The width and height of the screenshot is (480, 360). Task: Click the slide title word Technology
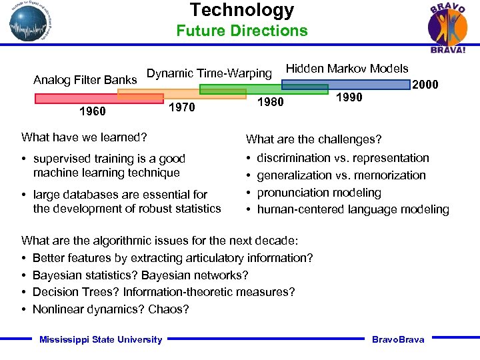click(241, 10)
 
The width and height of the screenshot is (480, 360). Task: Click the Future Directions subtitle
click(241, 31)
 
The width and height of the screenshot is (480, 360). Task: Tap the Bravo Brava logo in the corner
click(447, 27)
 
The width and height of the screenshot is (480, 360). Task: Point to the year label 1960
click(92, 111)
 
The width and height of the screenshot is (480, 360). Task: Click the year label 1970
click(182, 107)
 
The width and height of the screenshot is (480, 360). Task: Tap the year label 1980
click(270, 102)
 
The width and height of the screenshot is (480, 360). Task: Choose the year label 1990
click(349, 97)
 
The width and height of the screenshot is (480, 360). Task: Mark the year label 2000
click(425, 85)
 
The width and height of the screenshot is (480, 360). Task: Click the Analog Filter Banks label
click(85, 81)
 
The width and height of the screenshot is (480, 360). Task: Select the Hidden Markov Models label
click(347, 68)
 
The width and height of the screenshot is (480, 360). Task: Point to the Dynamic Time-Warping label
click(209, 73)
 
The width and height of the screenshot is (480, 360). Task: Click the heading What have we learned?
click(84, 137)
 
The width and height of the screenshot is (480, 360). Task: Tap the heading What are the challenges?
click(313, 139)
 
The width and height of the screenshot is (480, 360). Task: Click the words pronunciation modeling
click(319, 193)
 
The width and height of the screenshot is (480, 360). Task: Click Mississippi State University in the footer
click(101, 339)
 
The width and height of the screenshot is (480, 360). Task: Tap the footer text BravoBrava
click(398, 339)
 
